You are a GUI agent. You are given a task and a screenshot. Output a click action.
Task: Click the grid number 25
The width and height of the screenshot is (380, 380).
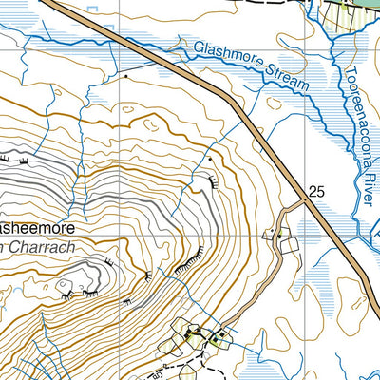(x=316, y=192)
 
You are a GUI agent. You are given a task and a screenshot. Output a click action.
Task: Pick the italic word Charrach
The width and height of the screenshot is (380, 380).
(x=38, y=249)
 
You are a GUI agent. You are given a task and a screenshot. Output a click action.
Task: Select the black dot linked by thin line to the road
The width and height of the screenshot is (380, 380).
(x=125, y=75)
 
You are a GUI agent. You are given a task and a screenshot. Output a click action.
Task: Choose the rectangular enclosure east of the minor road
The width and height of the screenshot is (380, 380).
(x=290, y=246)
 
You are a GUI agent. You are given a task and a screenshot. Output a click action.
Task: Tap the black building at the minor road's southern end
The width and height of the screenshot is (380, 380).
(x=221, y=337)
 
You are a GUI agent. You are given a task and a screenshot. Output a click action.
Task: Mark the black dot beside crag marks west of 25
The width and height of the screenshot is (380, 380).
(x=210, y=161)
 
